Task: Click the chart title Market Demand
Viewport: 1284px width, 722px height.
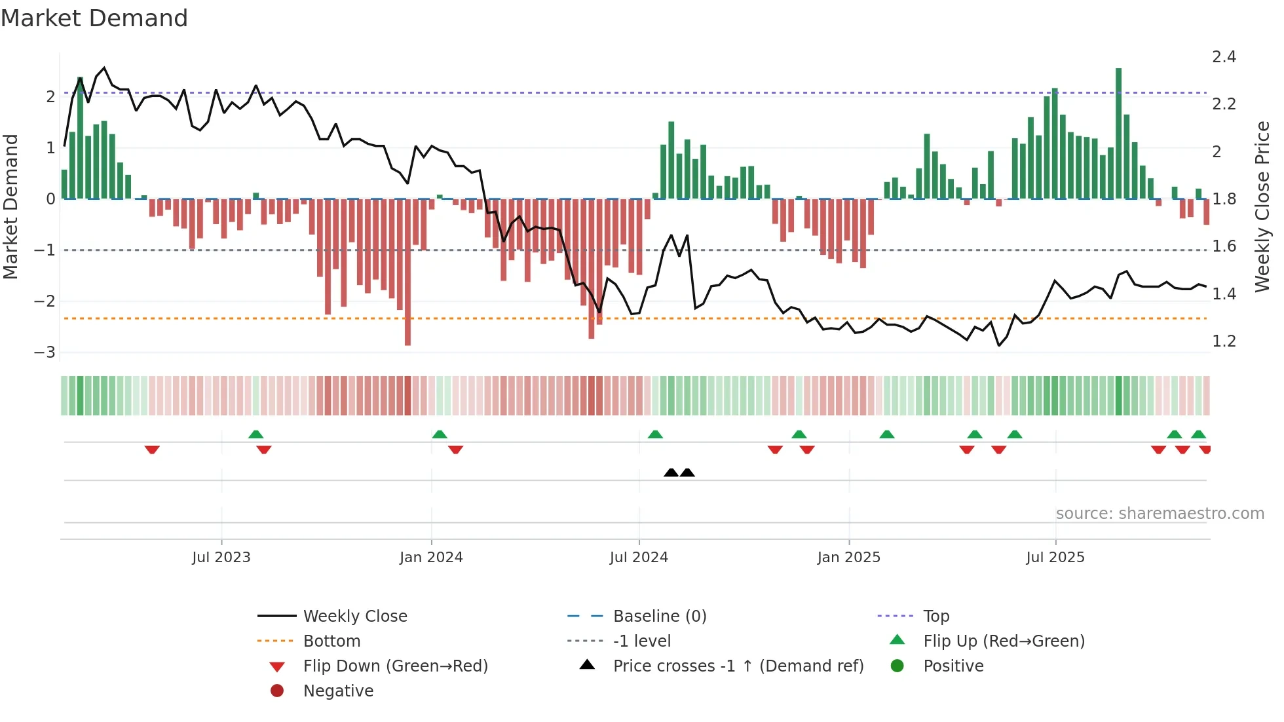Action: (x=94, y=18)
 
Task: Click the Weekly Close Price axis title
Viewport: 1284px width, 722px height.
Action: (x=1262, y=206)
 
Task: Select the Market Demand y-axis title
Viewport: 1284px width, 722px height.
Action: (x=10, y=206)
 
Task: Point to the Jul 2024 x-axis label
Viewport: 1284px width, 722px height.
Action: (x=639, y=558)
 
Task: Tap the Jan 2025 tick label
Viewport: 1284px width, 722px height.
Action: (x=849, y=558)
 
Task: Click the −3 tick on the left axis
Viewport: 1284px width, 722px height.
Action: (x=45, y=352)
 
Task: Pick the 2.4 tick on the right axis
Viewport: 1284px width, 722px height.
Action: (x=1224, y=57)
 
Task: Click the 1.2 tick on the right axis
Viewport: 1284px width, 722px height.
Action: (x=1224, y=341)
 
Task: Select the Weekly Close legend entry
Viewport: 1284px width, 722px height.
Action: (x=354, y=617)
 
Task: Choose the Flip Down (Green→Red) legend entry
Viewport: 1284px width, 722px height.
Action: (x=395, y=666)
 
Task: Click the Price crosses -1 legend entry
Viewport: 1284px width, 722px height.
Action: (x=738, y=666)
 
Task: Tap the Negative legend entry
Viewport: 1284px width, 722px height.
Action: (x=338, y=691)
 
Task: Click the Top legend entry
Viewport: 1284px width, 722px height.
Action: (x=935, y=617)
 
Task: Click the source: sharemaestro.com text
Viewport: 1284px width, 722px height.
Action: (x=1160, y=514)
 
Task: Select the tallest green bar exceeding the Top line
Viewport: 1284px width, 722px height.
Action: (x=1118, y=131)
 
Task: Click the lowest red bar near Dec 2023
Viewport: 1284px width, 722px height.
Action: (x=407, y=275)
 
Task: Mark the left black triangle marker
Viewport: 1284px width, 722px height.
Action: (x=671, y=472)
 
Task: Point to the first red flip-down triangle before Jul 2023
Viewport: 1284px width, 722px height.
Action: (x=152, y=449)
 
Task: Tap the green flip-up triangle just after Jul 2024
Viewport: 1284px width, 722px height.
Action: (x=655, y=434)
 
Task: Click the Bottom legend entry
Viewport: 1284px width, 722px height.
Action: (x=331, y=641)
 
